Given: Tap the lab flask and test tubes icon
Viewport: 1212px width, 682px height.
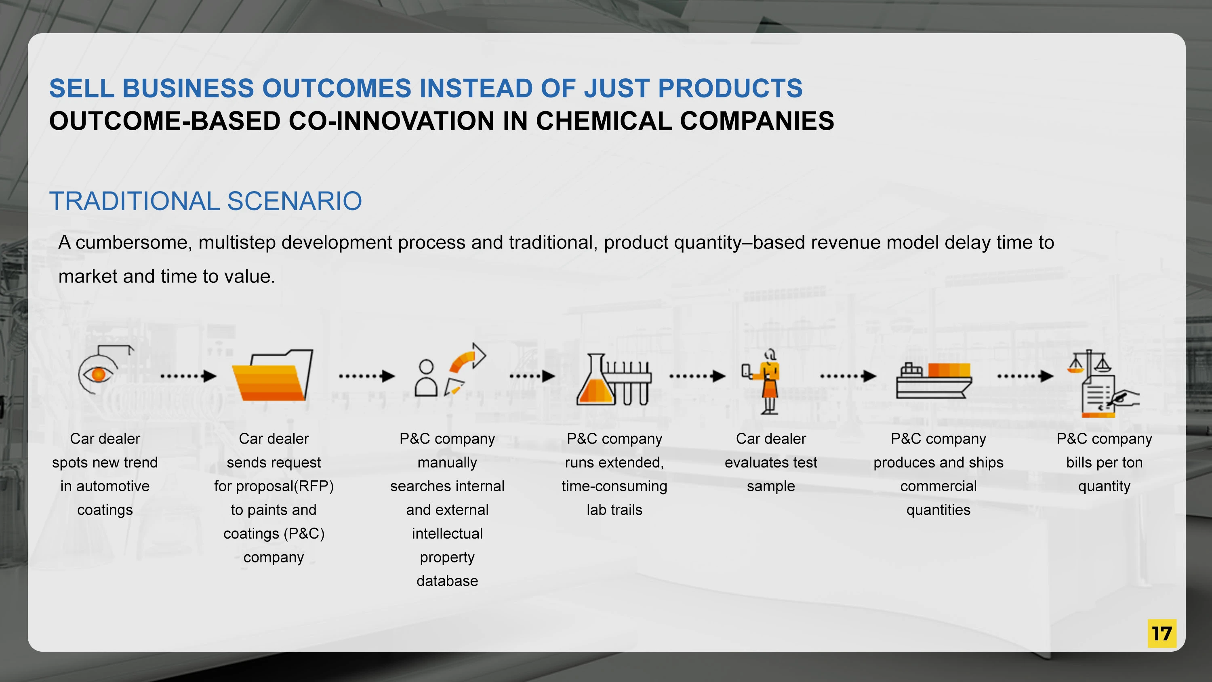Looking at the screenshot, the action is pyautogui.click(x=614, y=379).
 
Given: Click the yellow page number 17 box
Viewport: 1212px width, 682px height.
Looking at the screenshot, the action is pyautogui.click(x=1161, y=634).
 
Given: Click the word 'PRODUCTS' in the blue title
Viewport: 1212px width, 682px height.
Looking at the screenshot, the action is pyautogui.click(x=730, y=88).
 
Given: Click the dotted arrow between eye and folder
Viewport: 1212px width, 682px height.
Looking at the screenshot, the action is pyautogui.click(x=188, y=376).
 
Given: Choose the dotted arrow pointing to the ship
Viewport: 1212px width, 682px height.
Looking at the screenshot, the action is pyautogui.click(x=848, y=376).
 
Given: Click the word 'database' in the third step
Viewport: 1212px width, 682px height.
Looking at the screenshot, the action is pyautogui.click(x=447, y=581).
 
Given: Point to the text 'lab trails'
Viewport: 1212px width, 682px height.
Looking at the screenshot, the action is pyautogui.click(x=614, y=510).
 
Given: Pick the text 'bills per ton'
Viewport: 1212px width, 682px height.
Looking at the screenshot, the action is pyautogui.click(x=1104, y=463).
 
